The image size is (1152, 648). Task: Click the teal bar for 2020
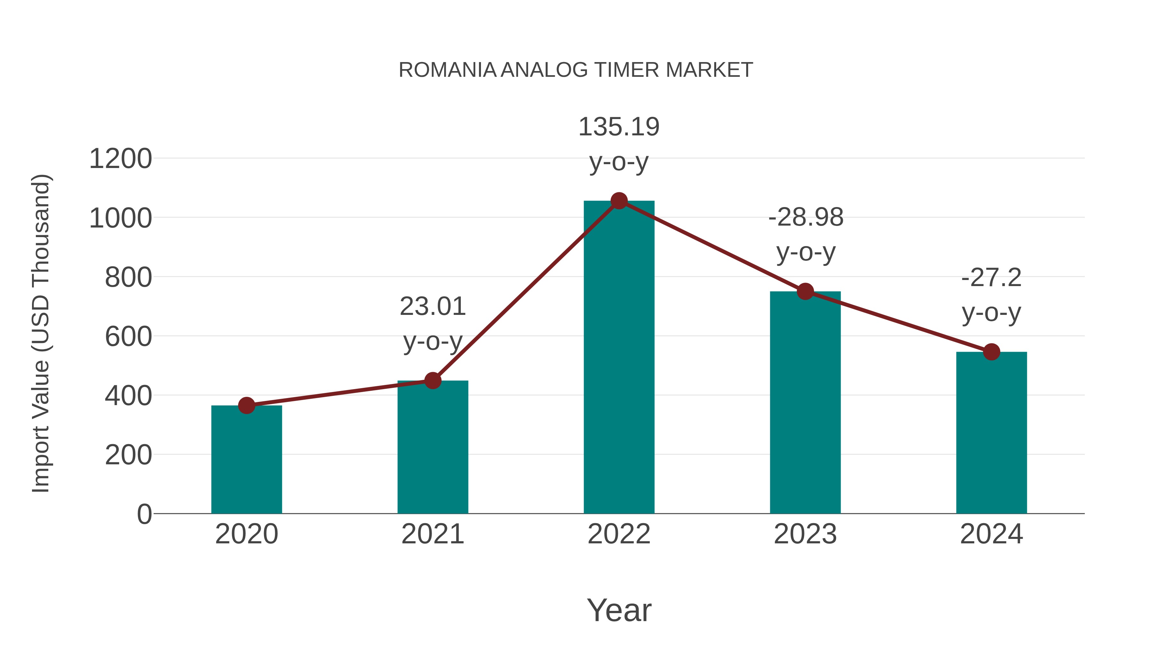pos(246,460)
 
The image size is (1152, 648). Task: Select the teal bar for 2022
pos(619,358)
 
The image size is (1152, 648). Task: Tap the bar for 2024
pos(991,434)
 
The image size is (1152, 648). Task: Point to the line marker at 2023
pos(805,292)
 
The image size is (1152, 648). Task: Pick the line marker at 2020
pos(246,406)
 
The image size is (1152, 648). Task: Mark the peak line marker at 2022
pos(619,201)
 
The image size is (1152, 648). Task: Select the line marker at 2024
pos(991,352)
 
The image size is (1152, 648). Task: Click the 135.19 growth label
pos(619,127)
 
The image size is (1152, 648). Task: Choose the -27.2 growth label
pos(991,278)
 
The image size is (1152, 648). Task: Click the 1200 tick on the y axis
pos(121,159)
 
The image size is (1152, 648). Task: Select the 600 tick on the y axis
pos(129,337)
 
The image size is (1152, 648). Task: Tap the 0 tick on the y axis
pos(144,514)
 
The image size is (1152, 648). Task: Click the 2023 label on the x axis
pos(805,534)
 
